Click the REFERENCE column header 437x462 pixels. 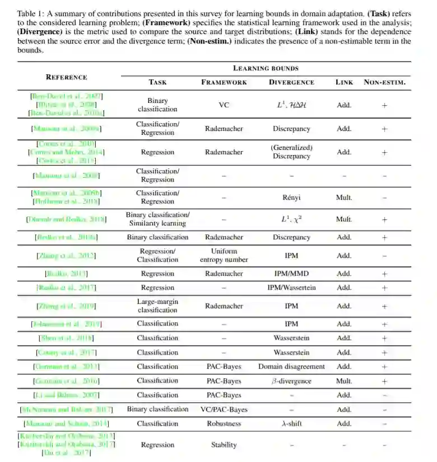[x=66, y=77]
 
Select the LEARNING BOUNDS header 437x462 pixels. [x=266, y=68]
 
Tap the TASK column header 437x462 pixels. [x=157, y=82]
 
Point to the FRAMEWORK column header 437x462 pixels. [x=224, y=82]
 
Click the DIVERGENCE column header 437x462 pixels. [x=291, y=82]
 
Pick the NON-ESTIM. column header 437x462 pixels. [x=384, y=82]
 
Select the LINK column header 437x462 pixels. [x=344, y=82]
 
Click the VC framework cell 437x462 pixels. [x=224, y=105]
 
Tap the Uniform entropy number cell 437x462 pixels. [x=224, y=256]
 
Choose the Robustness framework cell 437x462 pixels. [x=224, y=423]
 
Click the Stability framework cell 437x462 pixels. [x=224, y=445]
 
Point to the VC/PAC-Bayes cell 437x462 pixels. [x=224, y=409]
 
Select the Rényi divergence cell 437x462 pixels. [x=291, y=197]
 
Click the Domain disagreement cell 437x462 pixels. [x=291, y=367]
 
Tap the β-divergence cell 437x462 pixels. [x=291, y=381]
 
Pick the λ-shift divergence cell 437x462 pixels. [x=291, y=423]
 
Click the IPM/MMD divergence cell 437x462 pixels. [x=291, y=274]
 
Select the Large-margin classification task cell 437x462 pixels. [x=157, y=306]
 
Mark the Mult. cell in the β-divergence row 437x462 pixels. [x=344, y=381]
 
